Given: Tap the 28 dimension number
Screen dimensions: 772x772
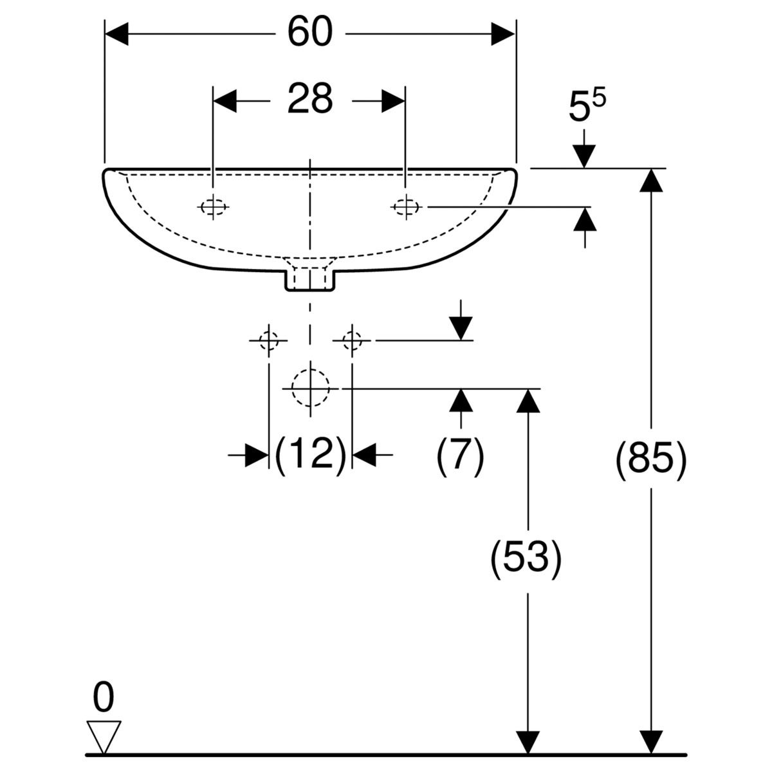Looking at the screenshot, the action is tap(310, 98).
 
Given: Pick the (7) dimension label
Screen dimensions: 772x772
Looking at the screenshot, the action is tap(461, 455).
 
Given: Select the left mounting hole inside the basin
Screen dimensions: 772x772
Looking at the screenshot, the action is tap(213, 207).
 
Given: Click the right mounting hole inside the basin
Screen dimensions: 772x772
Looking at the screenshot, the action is tap(406, 207).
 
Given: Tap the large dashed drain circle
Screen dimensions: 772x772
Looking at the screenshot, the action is tap(311, 388).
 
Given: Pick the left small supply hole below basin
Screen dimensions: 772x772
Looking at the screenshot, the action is tap(268, 340).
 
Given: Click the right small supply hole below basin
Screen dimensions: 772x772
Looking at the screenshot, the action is tap(352, 340).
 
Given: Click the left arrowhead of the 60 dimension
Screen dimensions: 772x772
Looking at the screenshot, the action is tap(116, 33).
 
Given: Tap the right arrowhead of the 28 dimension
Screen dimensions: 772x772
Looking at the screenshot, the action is tap(394, 101).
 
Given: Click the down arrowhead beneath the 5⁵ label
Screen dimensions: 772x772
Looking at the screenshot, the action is tap(584, 156).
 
